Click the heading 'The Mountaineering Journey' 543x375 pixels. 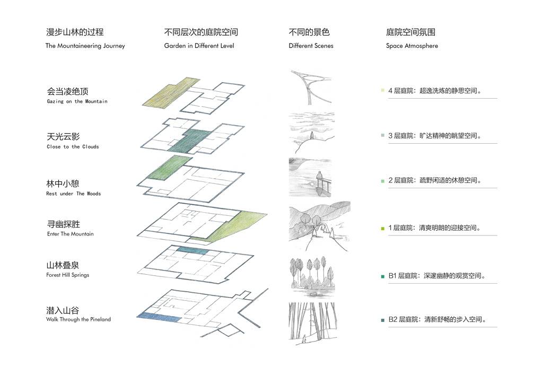[x=85, y=46]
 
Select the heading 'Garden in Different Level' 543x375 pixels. [x=199, y=46]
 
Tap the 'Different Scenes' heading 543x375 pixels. [x=311, y=46]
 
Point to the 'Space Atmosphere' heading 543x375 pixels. [x=411, y=46]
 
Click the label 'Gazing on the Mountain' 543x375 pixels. [x=77, y=101]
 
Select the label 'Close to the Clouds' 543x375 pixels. [x=73, y=147]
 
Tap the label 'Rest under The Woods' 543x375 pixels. [x=73, y=194]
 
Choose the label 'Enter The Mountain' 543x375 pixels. [x=70, y=234]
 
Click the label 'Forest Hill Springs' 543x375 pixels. [x=67, y=275]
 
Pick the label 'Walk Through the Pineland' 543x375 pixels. [x=78, y=320]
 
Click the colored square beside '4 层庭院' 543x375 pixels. [x=382, y=91]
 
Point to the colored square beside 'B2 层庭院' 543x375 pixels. [x=382, y=320]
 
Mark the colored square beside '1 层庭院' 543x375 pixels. [x=382, y=229]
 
